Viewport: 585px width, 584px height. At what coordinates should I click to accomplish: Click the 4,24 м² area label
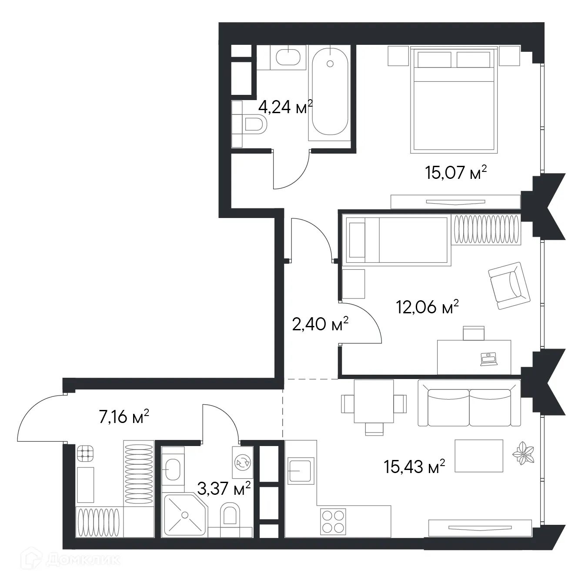tap(285, 107)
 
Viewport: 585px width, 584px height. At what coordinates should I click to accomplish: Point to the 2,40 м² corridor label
tap(320, 324)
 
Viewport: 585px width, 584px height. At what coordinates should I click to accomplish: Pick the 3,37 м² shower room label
tap(224, 488)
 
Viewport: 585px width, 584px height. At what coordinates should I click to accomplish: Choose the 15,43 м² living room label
tap(415, 467)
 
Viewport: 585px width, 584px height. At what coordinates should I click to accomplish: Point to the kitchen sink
tap(300, 470)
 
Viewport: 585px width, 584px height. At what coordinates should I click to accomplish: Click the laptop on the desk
tap(488, 359)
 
